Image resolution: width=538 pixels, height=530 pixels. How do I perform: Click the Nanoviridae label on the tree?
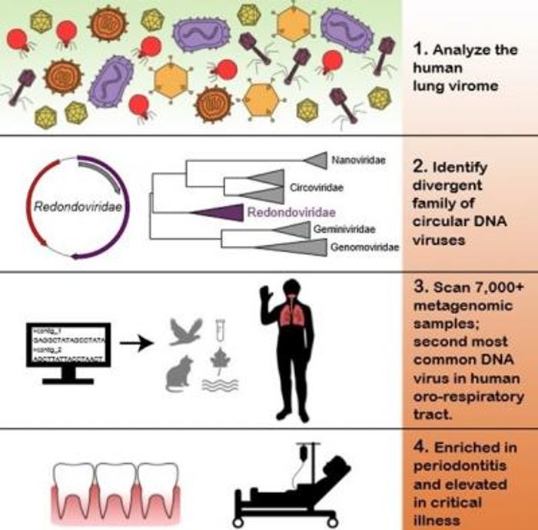(359, 161)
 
